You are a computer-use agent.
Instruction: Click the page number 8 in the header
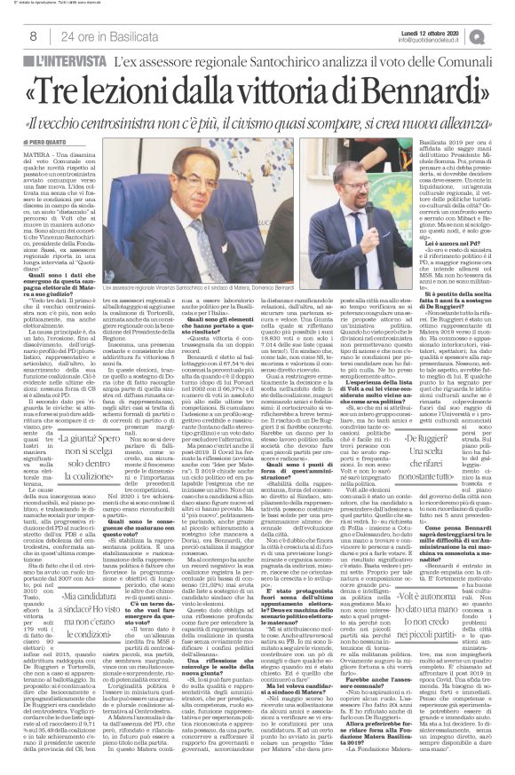click(x=33, y=35)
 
